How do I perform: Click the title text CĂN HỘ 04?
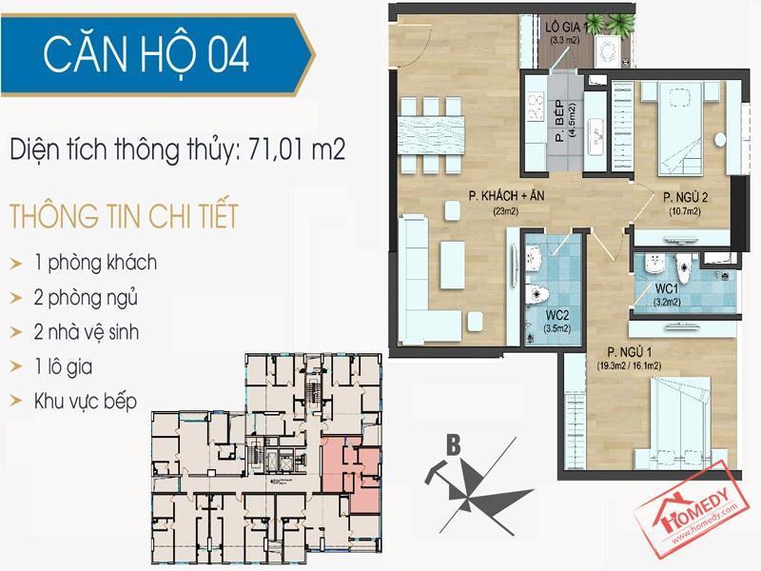click(x=146, y=54)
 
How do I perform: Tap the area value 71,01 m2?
click(x=297, y=148)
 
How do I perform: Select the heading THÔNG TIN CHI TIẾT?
click(x=125, y=216)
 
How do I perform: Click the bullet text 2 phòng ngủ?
click(x=86, y=299)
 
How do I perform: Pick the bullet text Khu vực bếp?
click(x=86, y=402)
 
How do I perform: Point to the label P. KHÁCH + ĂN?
click(x=506, y=196)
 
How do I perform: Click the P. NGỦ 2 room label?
click(x=685, y=197)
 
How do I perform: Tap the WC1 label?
click(x=667, y=288)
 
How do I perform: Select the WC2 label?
click(x=556, y=315)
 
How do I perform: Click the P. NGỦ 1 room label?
click(x=629, y=351)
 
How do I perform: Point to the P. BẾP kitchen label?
click(x=560, y=121)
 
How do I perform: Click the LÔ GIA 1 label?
click(x=566, y=27)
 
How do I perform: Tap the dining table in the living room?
click(x=431, y=135)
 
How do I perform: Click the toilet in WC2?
click(x=537, y=294)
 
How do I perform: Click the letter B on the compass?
click(x=454, y=444)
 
